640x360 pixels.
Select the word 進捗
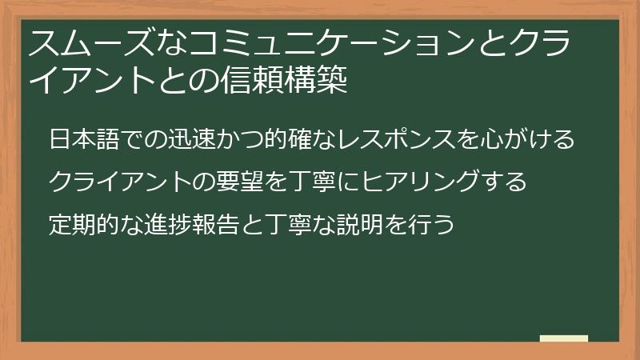[x=181, y=222]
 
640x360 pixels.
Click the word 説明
[x=376, y=222]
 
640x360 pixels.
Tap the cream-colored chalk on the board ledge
[x=564, y=339]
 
